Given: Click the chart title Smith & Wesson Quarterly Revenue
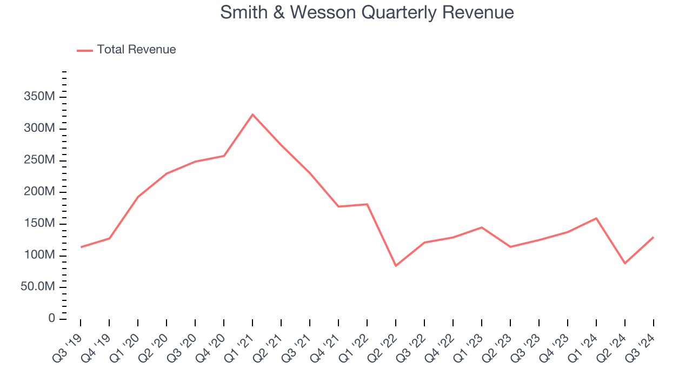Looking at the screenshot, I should pyautogui.click(x=367, y=12).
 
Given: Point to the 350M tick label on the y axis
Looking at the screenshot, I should pyautogui.click(x=39, y=97).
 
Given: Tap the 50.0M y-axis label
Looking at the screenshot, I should pyautogui.click(x=38, y=287).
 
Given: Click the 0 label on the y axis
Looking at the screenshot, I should pyautogui.click(x=51, y=319).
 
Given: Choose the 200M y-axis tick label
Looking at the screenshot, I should pyautogui.click(x=39, y=192).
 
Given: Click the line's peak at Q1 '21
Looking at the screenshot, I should pyautogui.click(x=252, y=115).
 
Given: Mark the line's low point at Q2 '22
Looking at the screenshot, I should pyautogui.click(x=396, y=266).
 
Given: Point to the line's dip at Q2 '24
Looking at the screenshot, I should pyautogui.click(x=625, y=263).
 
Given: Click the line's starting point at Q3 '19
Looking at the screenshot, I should pyautogui.click(x=81, y=247).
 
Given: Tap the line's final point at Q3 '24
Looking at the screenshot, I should pyautogui.click(x=654, y=237).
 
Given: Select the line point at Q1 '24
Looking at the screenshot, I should pyautogui.click(x=596, y=218).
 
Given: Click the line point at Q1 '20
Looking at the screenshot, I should pyautogui.click(x=138, y=197).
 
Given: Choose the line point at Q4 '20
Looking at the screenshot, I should pyautogui.click(x=224, y=156).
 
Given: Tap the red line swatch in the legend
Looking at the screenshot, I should pyautogui.click(x=85, y=50).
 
